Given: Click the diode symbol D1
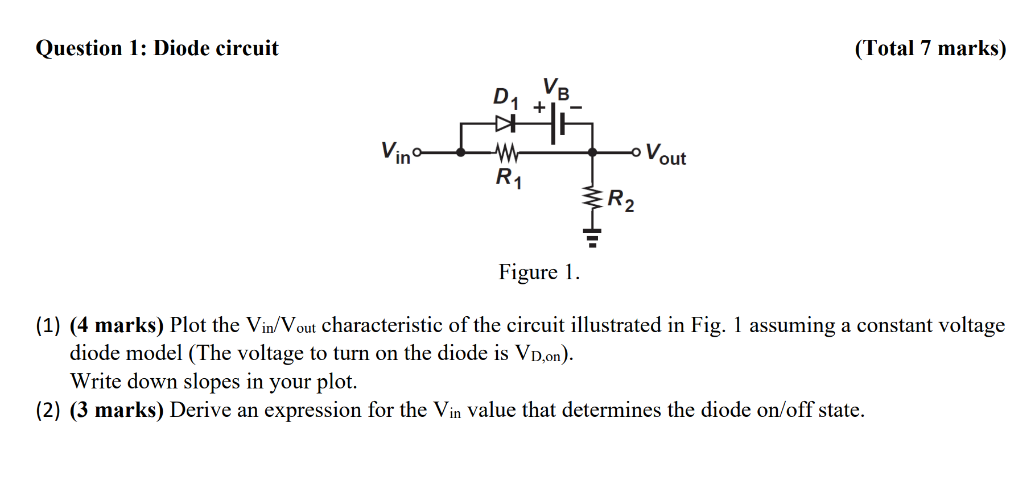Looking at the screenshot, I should click(505, 123).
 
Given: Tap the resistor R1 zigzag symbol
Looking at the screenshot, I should click(506, 152).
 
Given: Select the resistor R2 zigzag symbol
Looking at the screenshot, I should click(592, 198).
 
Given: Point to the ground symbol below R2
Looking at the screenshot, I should click(592, 238).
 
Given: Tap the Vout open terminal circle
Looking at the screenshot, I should click(636, 152).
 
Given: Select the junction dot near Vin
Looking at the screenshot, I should click(461, 152).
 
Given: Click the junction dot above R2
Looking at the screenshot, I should click(592, 152).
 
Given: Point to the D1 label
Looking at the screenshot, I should click(505, 98).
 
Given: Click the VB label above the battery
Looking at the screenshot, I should click(555, 88).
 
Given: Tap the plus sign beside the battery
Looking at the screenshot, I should click(539, 107).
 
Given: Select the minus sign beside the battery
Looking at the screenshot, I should click(576, 107).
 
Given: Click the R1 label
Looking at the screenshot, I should click(508, 177).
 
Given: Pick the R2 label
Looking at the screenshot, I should click(620, 200).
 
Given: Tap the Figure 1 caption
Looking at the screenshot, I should click(539, 272).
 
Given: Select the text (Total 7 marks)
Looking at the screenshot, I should click(930, 48).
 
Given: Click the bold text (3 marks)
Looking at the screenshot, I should click(117, 409).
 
